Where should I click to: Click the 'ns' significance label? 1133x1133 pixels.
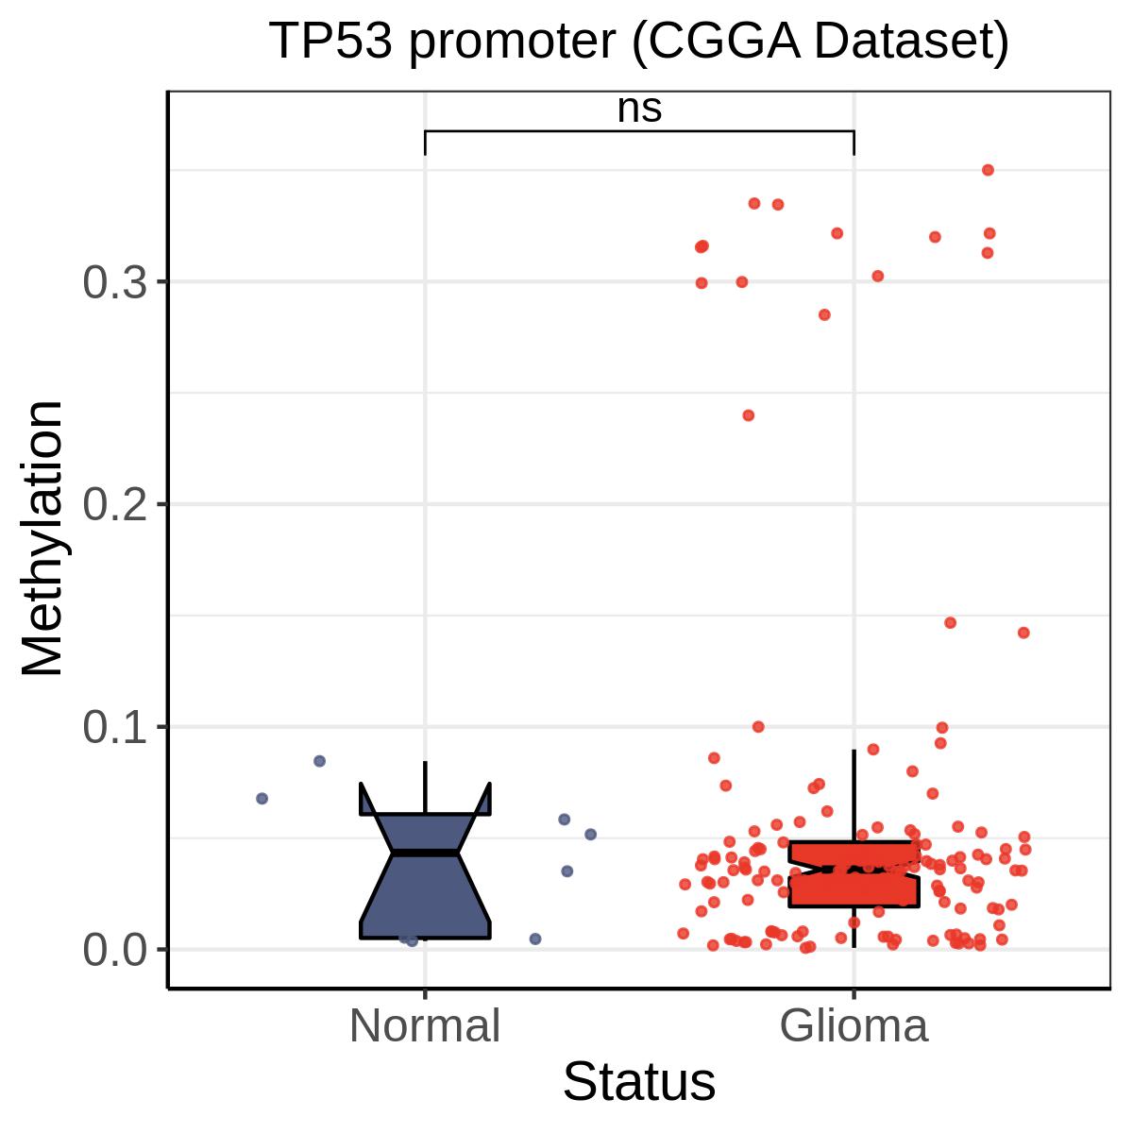click(x=639, y=110)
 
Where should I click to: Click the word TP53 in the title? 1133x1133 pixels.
click(x=330, y=42)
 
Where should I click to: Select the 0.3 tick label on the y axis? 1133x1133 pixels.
click(x=114, y=282)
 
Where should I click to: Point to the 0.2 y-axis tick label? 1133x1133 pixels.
click(x=114, y=504)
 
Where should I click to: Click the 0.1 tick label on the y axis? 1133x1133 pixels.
click(x=114, y=727)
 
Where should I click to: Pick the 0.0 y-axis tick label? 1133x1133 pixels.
click(x=114, y=950)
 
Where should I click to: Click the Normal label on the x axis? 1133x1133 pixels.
click(x=425, y=1026)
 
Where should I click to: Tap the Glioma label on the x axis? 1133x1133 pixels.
click(x=854, y=1026)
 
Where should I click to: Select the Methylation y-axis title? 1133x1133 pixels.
click(x=42, y=538)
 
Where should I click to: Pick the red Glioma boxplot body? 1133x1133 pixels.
click(x=854, y=874)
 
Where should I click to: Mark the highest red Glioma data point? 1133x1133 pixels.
click(x=988, y=171)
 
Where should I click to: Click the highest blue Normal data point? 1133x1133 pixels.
click(x=319, y=761)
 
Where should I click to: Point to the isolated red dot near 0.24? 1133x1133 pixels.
click(x=749, y=415)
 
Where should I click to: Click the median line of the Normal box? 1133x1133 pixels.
click(x=425, y=853)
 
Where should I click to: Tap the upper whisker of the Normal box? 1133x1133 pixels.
click(x=425, y=787)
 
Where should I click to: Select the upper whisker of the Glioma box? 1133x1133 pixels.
click(x=854, y=796)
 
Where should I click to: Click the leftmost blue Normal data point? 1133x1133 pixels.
click(x=262, y=799)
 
